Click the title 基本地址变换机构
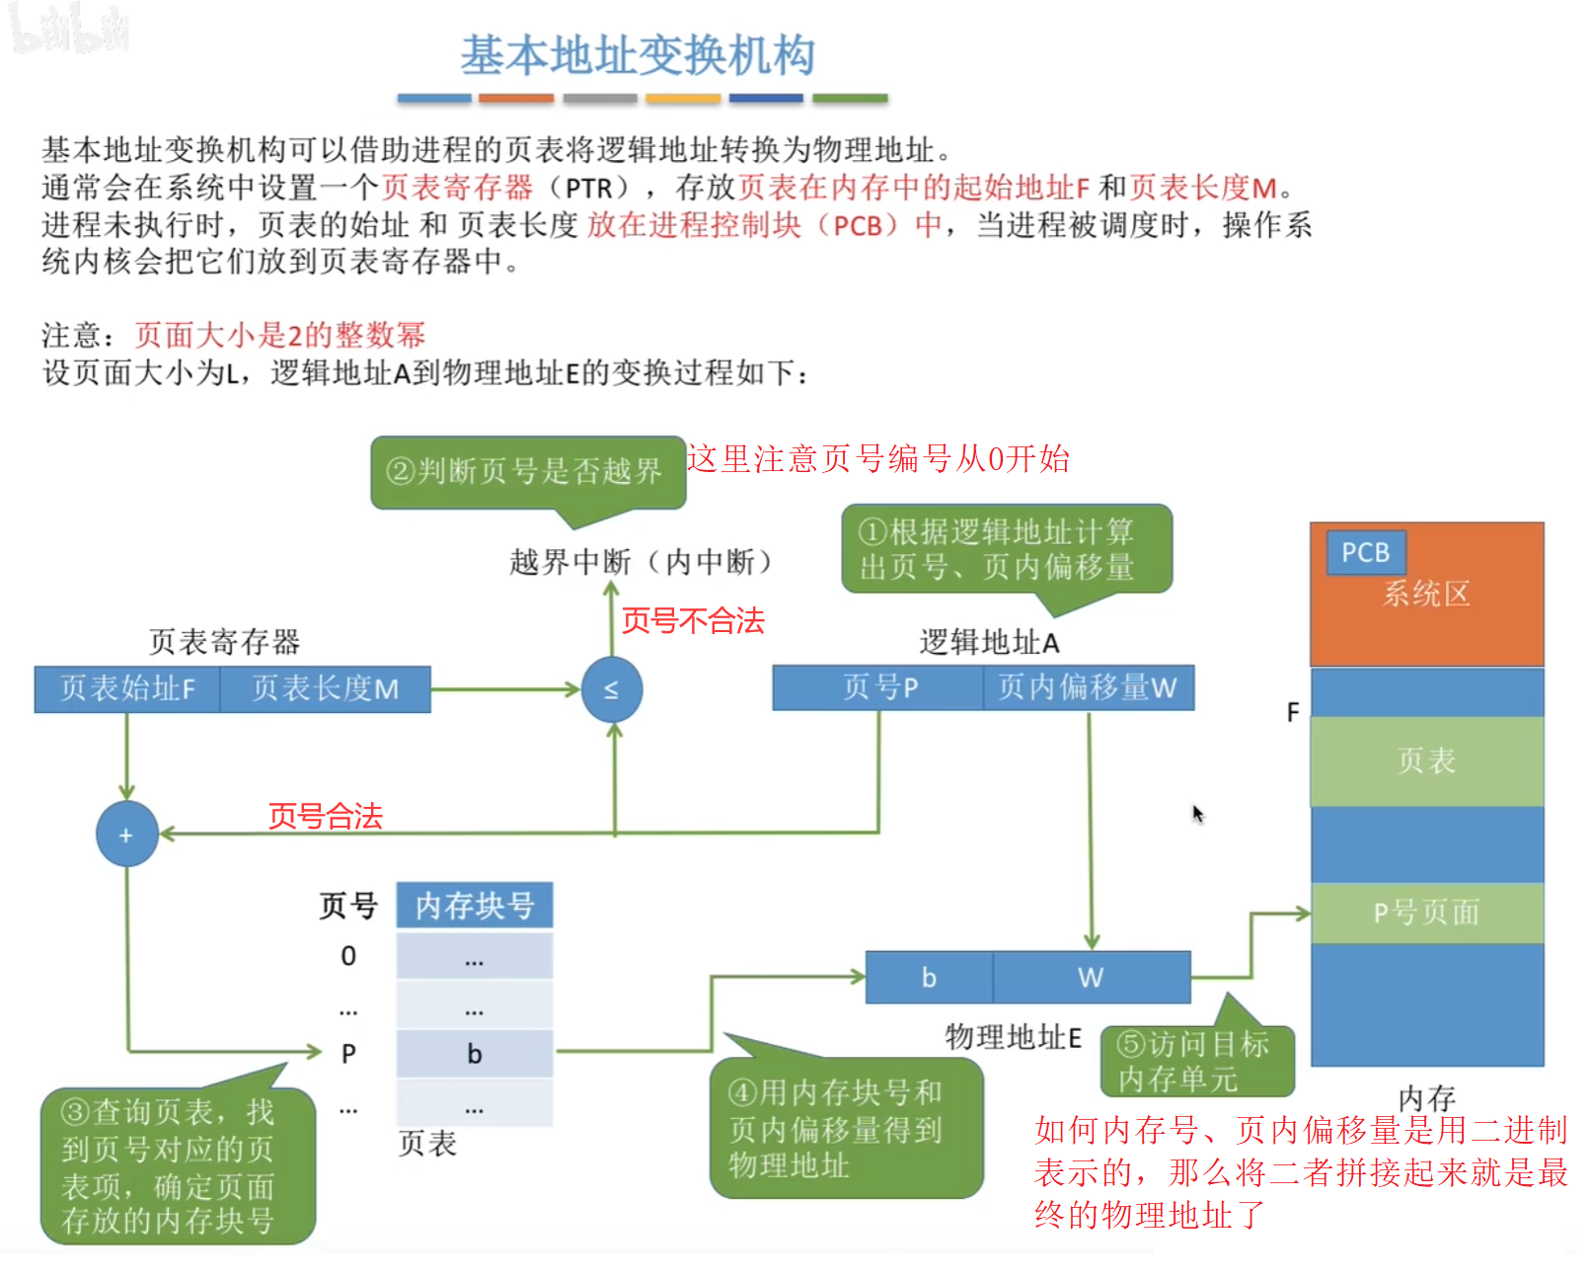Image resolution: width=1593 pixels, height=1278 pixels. (638, 56)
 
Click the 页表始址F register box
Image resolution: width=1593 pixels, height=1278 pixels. (127, 688)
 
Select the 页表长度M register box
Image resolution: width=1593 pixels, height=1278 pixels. (325, 688)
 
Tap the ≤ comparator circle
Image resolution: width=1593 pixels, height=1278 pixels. (611, 689)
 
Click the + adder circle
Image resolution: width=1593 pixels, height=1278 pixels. (126, 835)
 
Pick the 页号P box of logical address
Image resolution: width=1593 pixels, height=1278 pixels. (878, 687)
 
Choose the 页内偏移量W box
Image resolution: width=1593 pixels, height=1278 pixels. (1088, 687)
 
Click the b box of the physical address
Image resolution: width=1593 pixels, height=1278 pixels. (929, 977)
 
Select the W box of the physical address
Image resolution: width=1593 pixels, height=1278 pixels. (1091, 977)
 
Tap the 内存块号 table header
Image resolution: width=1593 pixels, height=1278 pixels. (474, 905)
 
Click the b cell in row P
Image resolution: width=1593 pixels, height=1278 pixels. (474, 1054)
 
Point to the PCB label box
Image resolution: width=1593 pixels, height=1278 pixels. (1365, 552)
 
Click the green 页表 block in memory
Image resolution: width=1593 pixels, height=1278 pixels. (1426, 760)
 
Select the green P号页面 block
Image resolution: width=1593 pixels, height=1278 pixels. (1426, 913)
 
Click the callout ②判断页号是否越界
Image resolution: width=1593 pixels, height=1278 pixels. (528, 471)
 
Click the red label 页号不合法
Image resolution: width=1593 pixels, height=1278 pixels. (693, 620)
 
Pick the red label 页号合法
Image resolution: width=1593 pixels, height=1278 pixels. (325, 816)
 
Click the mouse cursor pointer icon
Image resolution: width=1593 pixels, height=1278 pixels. (1197, 814)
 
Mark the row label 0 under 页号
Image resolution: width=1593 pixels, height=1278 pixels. (348, 956)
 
